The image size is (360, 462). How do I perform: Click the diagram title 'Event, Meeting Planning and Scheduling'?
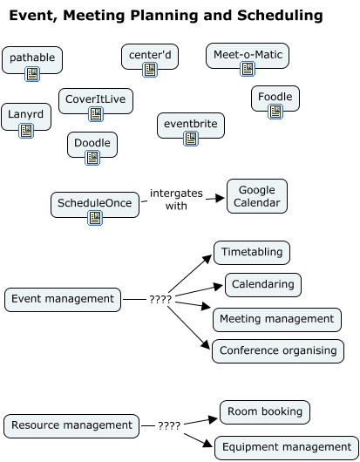pos(166,16)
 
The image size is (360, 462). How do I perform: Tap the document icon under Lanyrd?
pos(26,131)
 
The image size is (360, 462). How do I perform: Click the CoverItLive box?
pos(95,99)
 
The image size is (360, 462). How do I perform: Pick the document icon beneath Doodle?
pos(92,157)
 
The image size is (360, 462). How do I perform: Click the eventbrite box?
pos(190,125)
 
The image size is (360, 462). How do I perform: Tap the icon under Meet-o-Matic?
pos(248,69)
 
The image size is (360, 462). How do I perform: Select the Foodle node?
pos(275,96)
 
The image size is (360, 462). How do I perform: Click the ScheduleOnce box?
pos(95,203)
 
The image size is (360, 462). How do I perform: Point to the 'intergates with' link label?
pos(176,200)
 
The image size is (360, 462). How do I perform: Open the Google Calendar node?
pos(256,196)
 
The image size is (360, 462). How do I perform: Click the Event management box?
pos(63,299)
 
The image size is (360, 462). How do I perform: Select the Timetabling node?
pos(252,252)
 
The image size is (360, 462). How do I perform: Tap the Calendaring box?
pos(263,284)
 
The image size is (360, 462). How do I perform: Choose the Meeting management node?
pos(276,319)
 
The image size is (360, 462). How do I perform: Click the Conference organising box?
pos(278,350)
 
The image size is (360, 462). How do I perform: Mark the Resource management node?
pos(71,425)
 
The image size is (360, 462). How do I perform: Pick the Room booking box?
pos(264,411)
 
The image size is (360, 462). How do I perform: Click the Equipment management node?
pos(286,447)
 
